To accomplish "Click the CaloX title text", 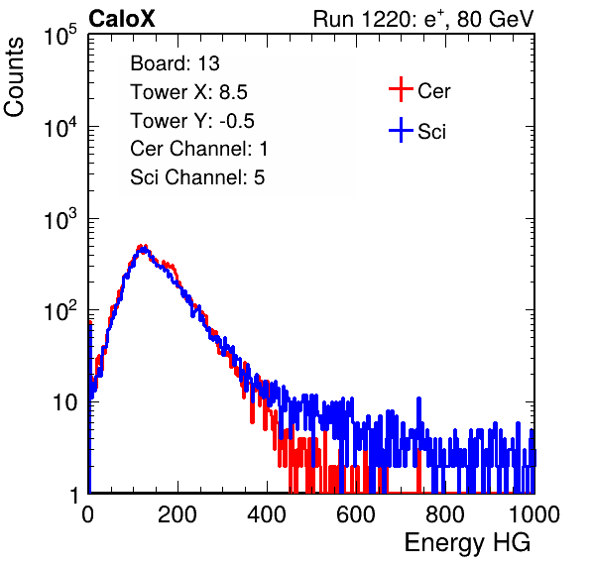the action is [122, 19].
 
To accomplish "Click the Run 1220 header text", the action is [423, 19].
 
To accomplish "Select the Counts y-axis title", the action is [14, 77].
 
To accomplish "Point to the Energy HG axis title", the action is [467, 543].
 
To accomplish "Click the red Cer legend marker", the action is [401, 89].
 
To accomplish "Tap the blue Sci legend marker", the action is [401, 130].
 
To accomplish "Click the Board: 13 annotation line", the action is [175, 63].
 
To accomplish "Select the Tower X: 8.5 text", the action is [188, 92].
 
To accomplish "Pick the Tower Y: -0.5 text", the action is [192, 121].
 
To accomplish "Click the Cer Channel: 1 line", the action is [199, 149].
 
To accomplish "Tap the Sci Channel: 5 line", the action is [197, 177].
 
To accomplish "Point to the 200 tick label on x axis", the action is [177, 514].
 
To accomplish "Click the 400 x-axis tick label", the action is [267, 514].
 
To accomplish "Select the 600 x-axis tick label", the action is [356, 514].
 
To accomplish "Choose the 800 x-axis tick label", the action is [445, 514].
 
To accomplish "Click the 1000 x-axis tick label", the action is [534, 514].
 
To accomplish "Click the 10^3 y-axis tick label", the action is [60, 219].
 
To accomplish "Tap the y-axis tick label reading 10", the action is [64, 402].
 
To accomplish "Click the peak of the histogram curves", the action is [143, 247].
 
